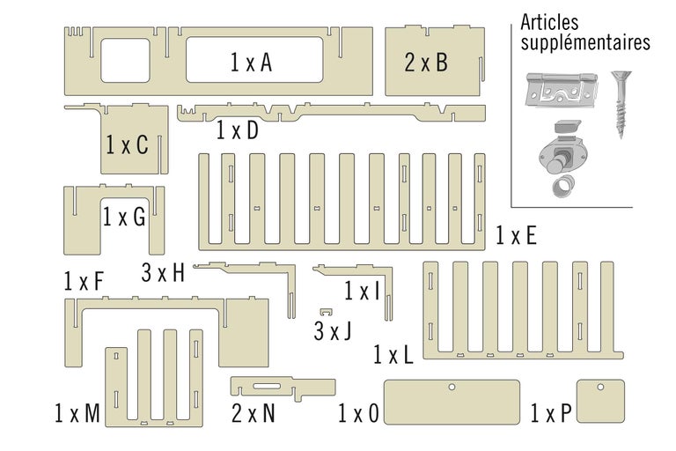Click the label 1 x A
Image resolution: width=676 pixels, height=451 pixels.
(x=252, y=63)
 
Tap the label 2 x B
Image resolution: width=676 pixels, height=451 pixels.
(x=426, y=63)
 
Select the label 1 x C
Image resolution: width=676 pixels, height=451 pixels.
(x=127, y=145)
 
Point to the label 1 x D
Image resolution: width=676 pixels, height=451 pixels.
(x=238, y=131)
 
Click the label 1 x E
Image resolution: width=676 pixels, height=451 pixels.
(x=516, y=235)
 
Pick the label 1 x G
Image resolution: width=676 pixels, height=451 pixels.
(x=124, y=217)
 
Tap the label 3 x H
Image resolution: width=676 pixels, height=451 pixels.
(x=163, y=273)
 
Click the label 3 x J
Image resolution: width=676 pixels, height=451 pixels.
(x=333, y=331)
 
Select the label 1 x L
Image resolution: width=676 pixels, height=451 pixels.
(x=393, y=355)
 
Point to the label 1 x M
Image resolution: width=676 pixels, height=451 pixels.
(x=77, y=412)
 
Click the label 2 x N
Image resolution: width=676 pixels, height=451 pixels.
(x=253, y=412)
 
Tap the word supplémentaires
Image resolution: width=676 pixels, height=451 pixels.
(x=585, y=41)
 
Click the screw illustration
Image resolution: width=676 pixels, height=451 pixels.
(x=623, y=104)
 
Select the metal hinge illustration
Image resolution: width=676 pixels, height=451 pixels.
(x=560, y=90)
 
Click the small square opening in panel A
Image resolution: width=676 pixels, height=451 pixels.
(x=127, y=61)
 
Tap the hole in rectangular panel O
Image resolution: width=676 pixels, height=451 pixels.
(x=452, y=387)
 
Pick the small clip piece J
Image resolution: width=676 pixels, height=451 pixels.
(x=327, y=313)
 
